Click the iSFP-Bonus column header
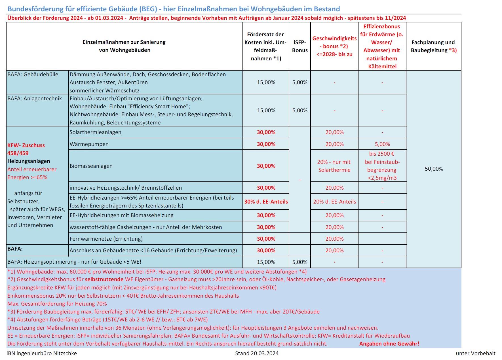point(300,46)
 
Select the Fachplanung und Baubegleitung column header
point(434,46)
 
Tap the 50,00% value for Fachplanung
point(434,169)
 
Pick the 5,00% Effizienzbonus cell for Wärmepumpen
point(382,144)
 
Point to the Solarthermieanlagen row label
point(95,132)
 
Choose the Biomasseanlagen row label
point(91,166)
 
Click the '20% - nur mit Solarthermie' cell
point(334,166)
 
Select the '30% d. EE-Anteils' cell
point(266,202)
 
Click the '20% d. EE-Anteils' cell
point(334,202)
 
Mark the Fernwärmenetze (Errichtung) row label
point(106,239)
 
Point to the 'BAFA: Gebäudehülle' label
point(33,75)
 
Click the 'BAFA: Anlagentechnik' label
point(35,99)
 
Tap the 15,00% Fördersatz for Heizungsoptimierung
point(266,262)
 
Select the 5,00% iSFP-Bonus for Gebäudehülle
point(300,82)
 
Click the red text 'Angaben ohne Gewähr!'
point(389,344)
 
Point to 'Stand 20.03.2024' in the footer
point(257,353)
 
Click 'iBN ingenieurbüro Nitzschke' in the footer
point(42,353)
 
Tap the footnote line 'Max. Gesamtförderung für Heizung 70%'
point(57,304)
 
